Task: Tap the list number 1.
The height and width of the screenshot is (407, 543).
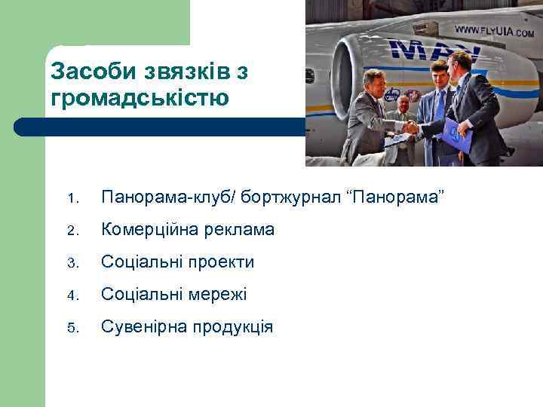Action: tap(72, 199)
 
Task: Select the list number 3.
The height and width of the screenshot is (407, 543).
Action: tap(72, 263)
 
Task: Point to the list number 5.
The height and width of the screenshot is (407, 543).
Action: tap(72, 328)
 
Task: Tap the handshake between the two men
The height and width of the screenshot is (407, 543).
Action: tap(410, 127)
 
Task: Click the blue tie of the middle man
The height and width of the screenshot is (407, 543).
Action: tap(440, 106)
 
